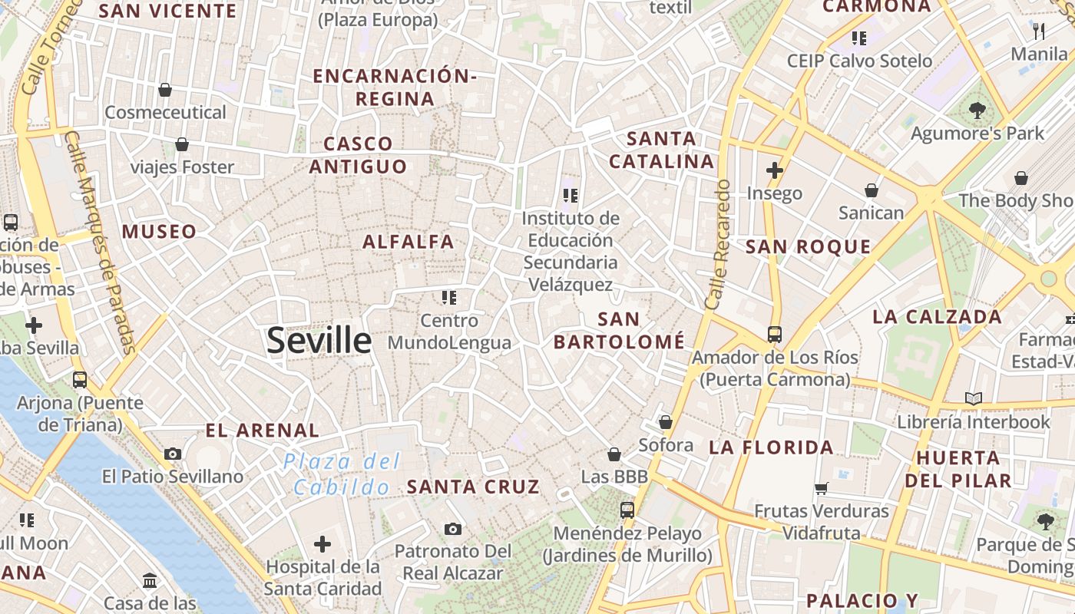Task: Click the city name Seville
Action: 319,341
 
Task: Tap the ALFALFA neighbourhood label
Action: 408,242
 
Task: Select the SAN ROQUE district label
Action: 809,247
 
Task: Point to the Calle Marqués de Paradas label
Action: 99,242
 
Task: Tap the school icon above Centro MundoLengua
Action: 449,297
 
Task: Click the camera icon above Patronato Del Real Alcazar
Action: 453,529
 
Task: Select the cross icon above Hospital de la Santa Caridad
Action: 322,544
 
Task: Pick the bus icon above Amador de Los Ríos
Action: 774,335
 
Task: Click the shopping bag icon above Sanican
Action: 872,190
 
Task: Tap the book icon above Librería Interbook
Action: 974,398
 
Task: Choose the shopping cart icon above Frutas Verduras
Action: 821,488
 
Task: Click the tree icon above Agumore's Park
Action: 977,111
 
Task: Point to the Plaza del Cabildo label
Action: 342,474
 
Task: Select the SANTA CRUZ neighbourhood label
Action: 473,487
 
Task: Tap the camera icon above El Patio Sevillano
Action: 173,454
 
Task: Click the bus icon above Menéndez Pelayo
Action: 627,510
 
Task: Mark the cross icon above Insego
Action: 774,170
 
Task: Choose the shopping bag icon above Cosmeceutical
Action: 165,90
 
